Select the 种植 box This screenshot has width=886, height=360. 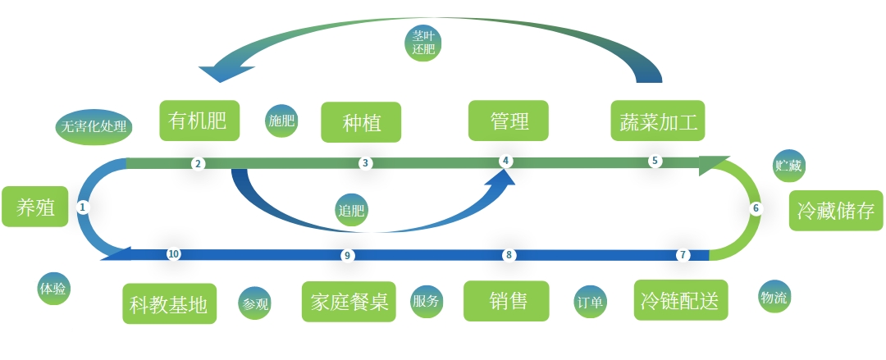point(361,122)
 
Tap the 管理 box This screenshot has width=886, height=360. point(509,121)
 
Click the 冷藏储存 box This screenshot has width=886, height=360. point(835,211)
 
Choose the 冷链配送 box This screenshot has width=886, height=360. point(681,301)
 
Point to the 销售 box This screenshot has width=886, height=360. point(507,301)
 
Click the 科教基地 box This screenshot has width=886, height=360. point(169,304)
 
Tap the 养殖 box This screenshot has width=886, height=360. point(35,207)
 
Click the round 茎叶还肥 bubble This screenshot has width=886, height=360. point(423,42)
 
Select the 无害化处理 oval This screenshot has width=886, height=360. point(93,127)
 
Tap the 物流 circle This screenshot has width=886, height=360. point(774,297)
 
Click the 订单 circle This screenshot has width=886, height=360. point(591,303)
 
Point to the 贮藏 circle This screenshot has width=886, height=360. point(789,166)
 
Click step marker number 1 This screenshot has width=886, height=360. point(82,207)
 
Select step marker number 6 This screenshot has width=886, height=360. point(756,208)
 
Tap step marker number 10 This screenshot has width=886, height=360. point(173,254)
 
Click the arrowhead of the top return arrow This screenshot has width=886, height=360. point(217,74)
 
